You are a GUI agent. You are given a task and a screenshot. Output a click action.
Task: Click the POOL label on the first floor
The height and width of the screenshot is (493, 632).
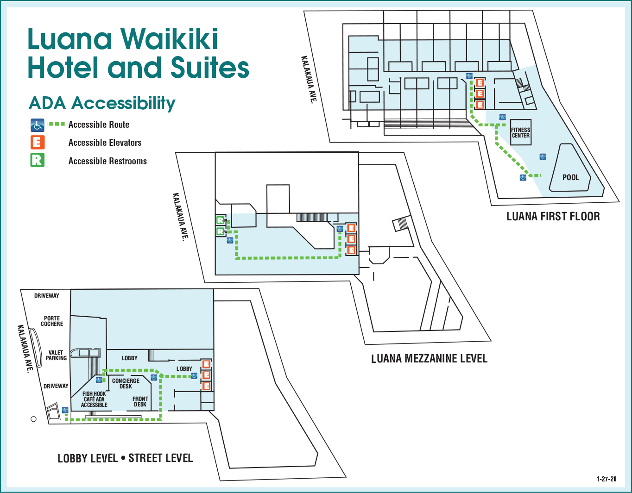click(x=570, y=177)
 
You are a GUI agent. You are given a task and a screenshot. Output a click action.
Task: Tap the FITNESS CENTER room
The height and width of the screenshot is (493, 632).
click(x=520, y=133)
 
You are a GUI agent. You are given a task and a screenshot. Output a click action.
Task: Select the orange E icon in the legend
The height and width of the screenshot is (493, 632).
click(x=38, y=142)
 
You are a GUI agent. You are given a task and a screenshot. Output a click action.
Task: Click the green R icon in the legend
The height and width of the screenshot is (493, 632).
click(x=38, y=160)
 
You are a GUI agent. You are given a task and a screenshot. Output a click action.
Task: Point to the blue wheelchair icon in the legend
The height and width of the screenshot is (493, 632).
click(x=38, y=125)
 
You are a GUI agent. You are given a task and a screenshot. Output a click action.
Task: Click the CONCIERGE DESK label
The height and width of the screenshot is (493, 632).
click(x=126, y=383)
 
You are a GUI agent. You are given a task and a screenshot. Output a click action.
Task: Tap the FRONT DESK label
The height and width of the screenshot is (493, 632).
click(x=140, y=401)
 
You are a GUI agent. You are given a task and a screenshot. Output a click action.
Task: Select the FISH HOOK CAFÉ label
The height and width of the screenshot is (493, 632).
click(x=94, y=399)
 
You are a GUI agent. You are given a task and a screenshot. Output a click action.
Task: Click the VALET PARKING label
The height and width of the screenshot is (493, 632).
click(x=56, y=355)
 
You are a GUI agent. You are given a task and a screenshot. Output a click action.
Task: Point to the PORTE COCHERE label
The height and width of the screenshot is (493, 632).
click(x=52, y=321)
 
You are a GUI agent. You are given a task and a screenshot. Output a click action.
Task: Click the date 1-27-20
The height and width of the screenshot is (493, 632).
click(x=606, y=479)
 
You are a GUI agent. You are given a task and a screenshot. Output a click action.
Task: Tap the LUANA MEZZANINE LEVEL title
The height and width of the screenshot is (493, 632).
click(x=429, y=359)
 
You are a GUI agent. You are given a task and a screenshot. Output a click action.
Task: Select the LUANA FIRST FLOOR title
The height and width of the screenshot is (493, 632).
click(x=553, y=217)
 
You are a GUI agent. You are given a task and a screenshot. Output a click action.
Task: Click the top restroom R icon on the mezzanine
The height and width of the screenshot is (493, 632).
click(x=221, y=220)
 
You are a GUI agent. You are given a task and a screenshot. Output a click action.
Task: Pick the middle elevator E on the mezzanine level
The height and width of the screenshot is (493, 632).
click(x=351, y=239)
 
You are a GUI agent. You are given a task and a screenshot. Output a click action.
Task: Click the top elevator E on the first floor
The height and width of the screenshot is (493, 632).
click(x=480, y=83)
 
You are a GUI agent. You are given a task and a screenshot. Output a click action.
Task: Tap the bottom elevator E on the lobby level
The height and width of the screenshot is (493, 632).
click(x=207, y=386)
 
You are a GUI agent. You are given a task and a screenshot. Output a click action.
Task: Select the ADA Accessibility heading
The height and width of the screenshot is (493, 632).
click(x=102, y=103)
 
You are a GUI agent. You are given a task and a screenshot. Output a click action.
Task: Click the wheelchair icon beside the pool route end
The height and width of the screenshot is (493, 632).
click(x=523, y=177)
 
